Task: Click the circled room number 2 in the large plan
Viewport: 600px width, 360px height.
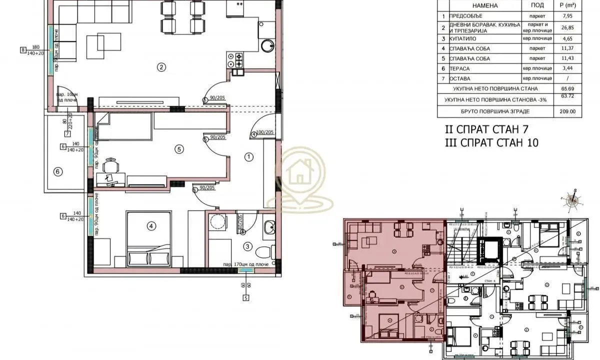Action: pos(161,66)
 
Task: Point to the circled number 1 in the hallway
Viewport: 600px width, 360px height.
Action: pos(249,157)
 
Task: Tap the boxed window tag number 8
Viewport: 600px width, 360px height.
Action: pos(23,49)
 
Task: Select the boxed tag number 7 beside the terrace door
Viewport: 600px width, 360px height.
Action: pos(66,133)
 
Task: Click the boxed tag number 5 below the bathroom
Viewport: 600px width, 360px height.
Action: pos(245,298)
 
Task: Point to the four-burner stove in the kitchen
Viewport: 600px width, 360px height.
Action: pos(235,60)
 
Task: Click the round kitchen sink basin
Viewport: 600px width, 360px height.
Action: pos(267,47)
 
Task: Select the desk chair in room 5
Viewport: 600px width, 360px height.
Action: pos(111,164)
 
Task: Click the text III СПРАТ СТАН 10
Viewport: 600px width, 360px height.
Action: pos(491,143)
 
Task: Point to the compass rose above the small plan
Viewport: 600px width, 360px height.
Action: pos(572,199)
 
